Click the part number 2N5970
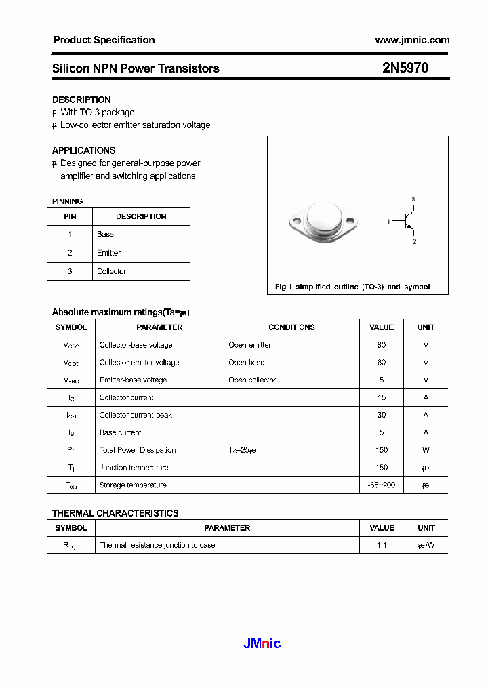405,68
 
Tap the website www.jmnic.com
411,40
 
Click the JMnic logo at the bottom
262,643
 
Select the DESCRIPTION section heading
81,100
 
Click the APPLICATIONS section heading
83,150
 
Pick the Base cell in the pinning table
105,234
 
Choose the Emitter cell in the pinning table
108,253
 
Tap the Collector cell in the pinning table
111,271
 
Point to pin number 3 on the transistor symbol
413,199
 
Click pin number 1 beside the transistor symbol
388,222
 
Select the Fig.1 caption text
352,287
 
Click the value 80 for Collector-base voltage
381,345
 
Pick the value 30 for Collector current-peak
381,415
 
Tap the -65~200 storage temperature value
381,485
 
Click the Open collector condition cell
252,380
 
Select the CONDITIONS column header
291,327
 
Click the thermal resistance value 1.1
382,545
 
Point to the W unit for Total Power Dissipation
426,450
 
